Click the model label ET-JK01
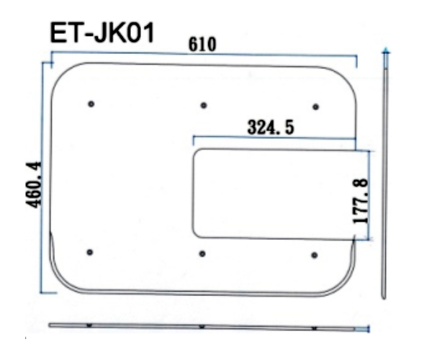pyautogui.click(x=102, y=33)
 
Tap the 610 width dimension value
pyautogui.click(x=202, y=45)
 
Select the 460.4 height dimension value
pyautogui.click(x=34, y=185)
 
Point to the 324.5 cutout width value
pyautogui.click(x=271, y=127)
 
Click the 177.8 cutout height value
pyautogui.click(x=361, y=202)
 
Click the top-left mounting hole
pyautogui.click(x=91, y=104)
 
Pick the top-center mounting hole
pyautogui.click(x=204, y=105)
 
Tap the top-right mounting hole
pyautogui.click(x=316, y=107)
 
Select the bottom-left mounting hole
pyautogui.click(x=89, y=252)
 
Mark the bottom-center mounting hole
pyautogui.click(x=202, y=253)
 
